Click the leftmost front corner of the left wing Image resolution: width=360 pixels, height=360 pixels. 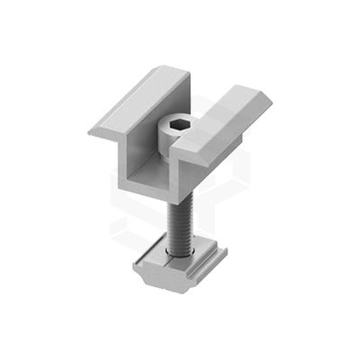(91, 132)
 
